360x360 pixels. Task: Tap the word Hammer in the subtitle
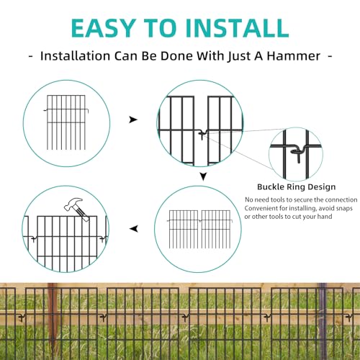point(294,56)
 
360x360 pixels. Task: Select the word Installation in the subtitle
point(75,56)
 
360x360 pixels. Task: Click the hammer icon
point(77,210)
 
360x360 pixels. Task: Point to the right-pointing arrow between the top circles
point(133,120)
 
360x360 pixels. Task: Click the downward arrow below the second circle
point(203,176)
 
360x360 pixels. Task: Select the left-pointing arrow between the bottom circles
point(134,229)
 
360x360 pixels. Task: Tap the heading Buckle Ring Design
point(297,186)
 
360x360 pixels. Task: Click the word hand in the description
point(325,217)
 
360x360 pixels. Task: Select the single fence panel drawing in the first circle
point(66,122)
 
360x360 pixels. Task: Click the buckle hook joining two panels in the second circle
point(202,135)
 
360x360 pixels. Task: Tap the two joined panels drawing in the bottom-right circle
point(199,229)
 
